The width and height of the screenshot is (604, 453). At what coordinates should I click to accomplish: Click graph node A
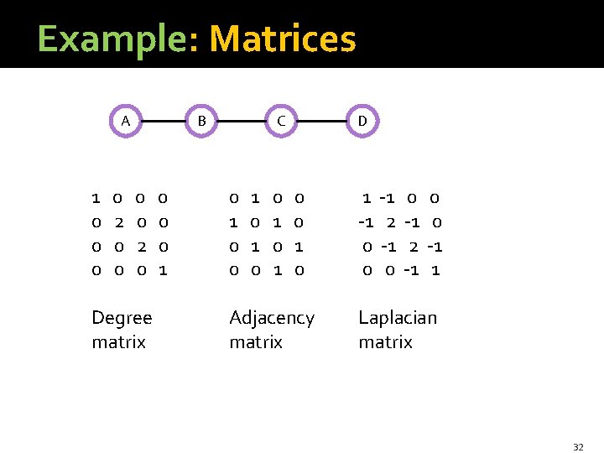(x=125, y=121)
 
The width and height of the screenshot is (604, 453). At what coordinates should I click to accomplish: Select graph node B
(x=201, y=121)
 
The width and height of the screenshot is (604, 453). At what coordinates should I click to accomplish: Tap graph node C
(x=282, y=121)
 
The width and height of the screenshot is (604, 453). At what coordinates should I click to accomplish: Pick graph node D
(x=362, y=121)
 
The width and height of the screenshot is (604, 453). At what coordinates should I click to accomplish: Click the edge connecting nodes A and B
(x=164, y=121)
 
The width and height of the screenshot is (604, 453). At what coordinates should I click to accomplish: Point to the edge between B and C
(x=242, y=121)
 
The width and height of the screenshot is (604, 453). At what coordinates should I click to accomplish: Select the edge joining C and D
(x=322, y=121)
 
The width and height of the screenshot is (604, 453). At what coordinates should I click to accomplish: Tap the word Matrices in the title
(x=283, y=39)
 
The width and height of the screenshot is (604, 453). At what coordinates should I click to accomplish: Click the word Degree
(x=122, y=318)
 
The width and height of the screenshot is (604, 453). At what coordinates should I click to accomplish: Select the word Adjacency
(x=272, y=318)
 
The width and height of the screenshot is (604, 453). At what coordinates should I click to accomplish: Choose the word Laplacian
(x=398, y=318)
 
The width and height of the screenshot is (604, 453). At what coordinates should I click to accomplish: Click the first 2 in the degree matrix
(x=119, y=222)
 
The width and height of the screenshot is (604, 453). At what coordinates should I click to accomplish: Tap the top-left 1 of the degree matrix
(x=96, y=199)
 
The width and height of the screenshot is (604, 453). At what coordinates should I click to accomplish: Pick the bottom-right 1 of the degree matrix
(x=163, y=270)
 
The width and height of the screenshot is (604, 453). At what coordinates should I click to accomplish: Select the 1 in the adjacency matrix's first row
(x=255, y=199)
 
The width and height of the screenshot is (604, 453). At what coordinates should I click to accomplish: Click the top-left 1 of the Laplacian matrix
(x=367, y=199)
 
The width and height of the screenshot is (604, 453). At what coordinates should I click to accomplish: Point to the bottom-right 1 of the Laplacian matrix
(x=435, y=270)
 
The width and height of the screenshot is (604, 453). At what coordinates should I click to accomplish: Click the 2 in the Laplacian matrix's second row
(x=391, y=222)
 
